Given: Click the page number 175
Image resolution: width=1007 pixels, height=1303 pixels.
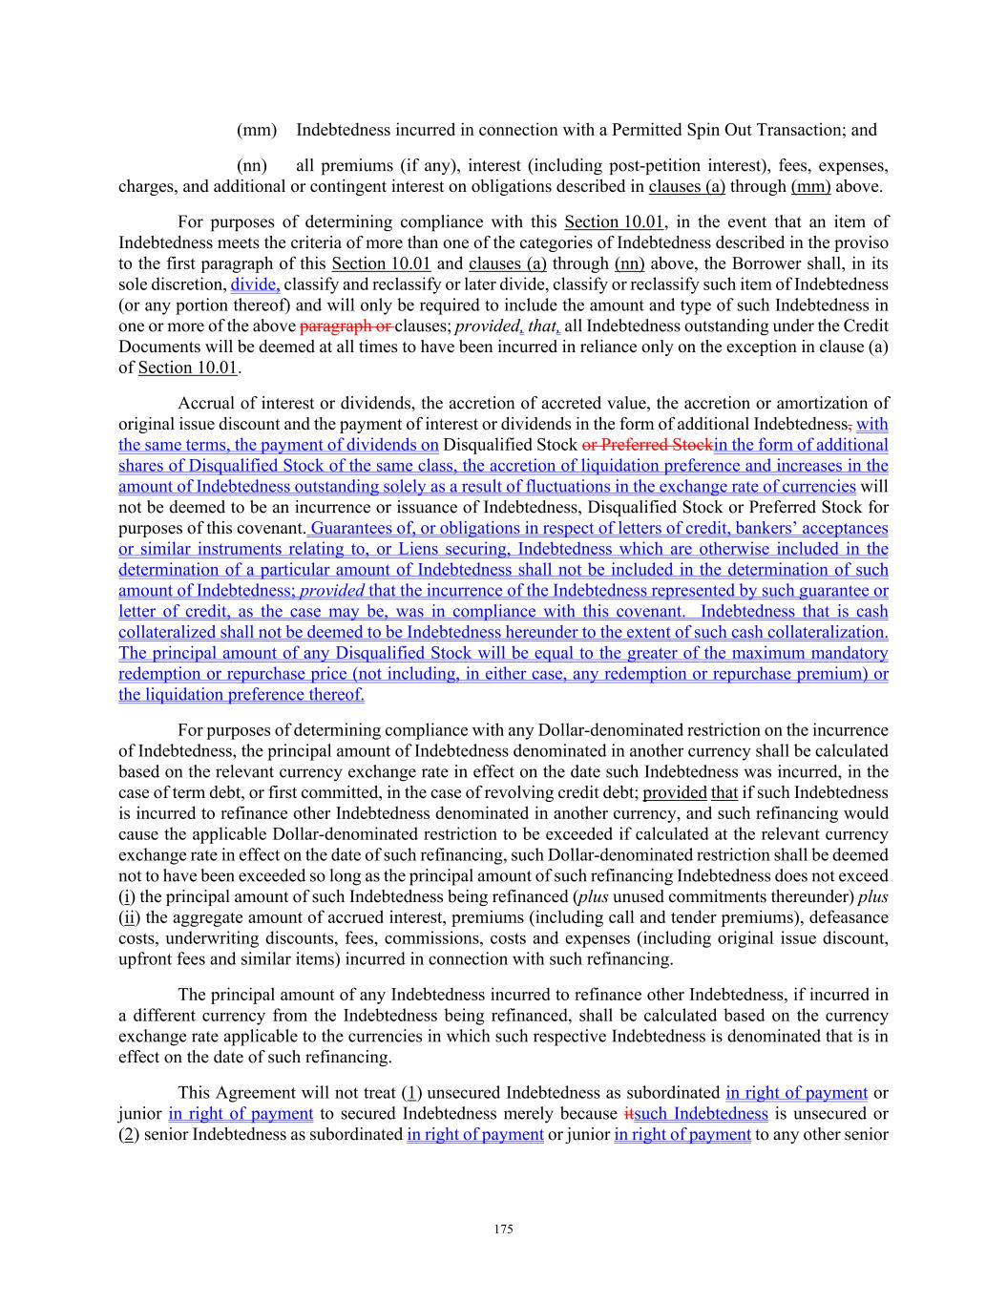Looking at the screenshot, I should pos(503,1229).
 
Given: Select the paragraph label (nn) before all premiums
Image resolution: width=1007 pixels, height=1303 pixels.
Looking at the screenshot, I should pos(251,166).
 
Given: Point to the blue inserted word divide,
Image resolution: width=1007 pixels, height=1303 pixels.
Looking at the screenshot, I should pos(255,284).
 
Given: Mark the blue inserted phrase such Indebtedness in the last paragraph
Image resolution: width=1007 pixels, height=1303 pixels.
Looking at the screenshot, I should pos(701,1114).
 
